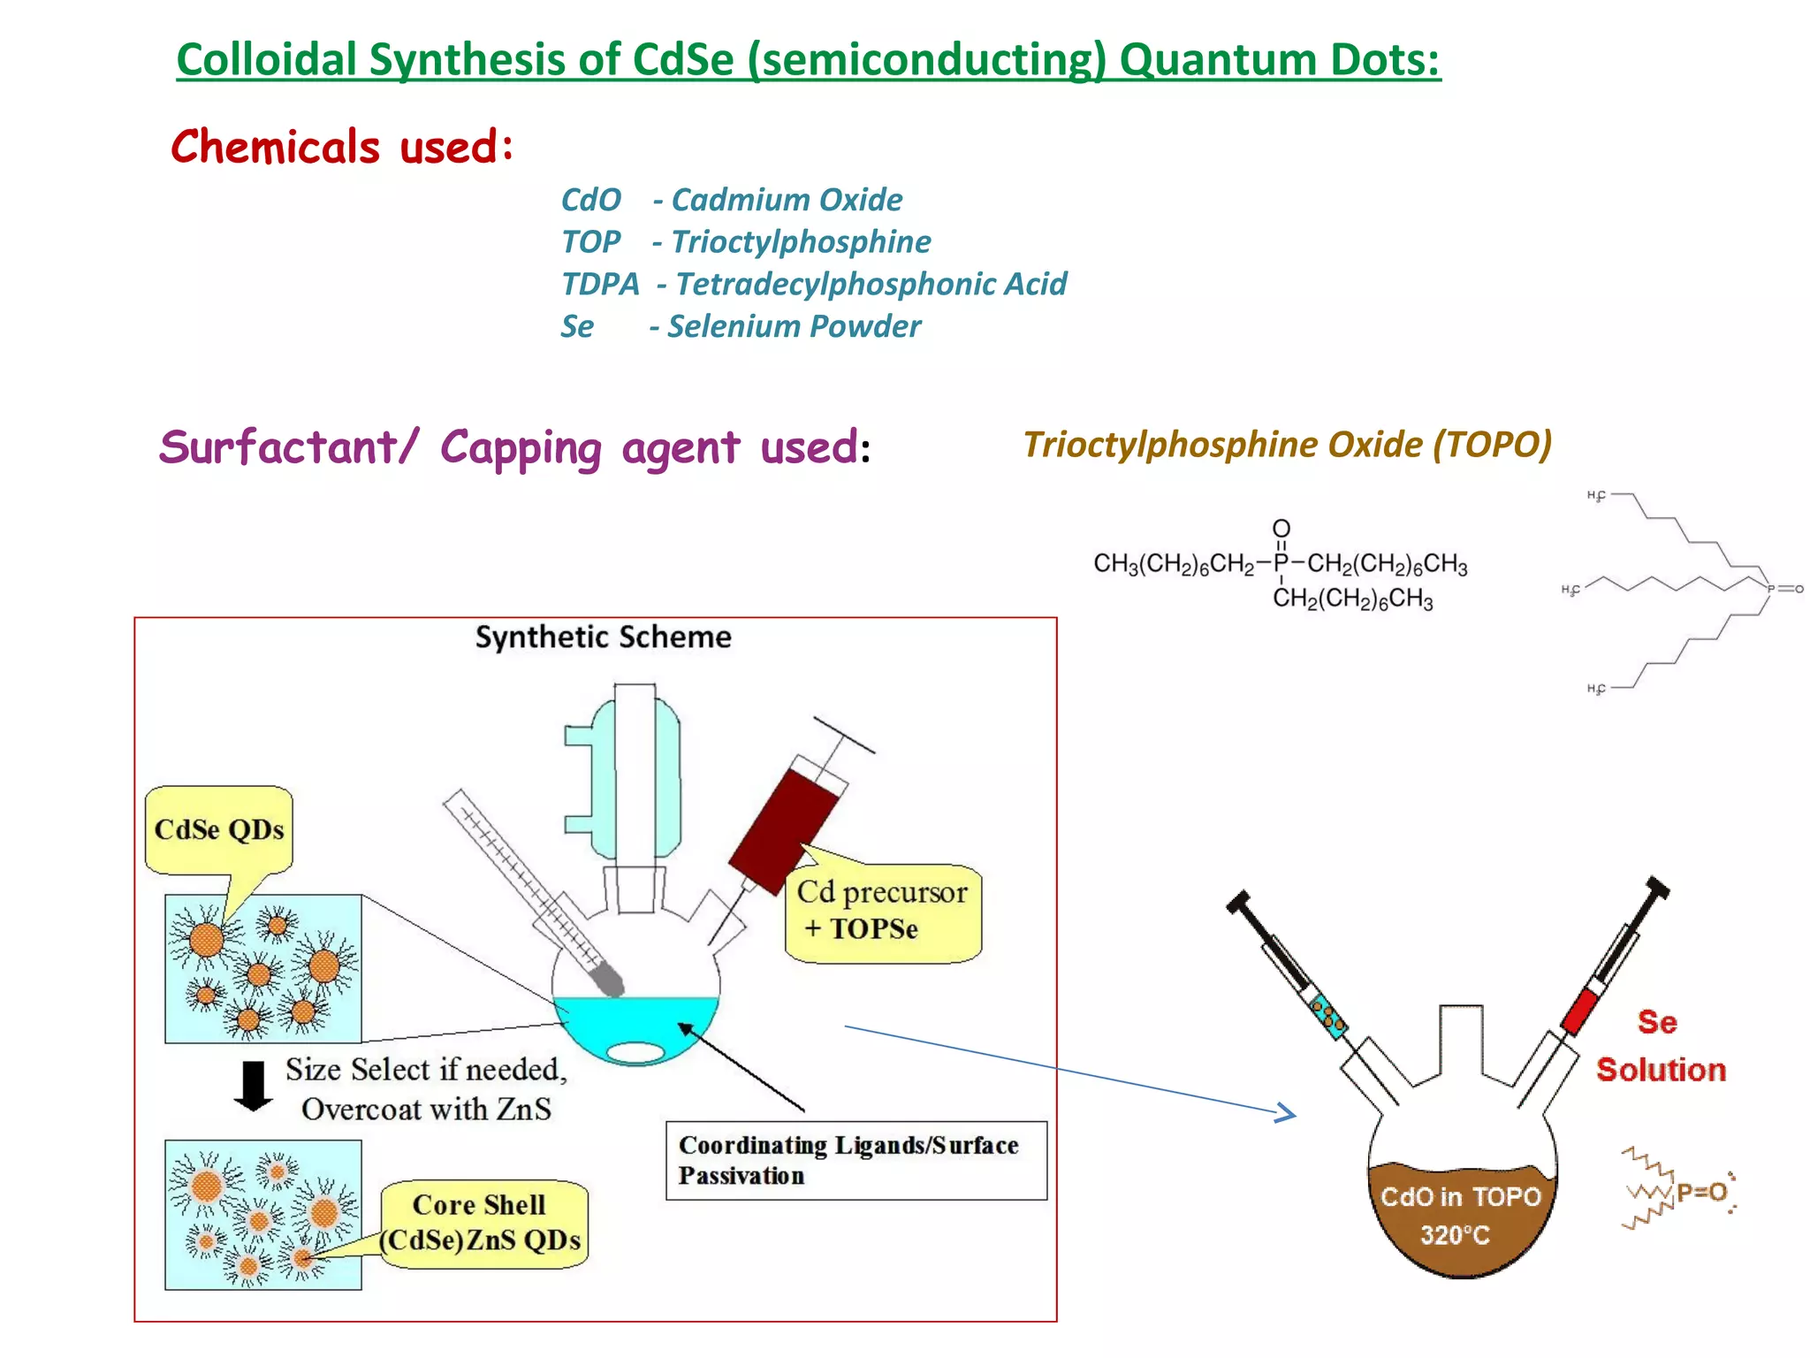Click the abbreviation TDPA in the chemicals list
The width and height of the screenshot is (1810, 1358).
click(x=600, y=284)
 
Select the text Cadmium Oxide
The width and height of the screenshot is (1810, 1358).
click(x=787, y=200)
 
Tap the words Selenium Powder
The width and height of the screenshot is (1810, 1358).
click(x=794, y=326)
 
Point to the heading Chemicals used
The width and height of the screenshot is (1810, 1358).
click(x=342, y=147)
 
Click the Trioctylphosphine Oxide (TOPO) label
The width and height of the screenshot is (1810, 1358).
click(x=1287, y=445)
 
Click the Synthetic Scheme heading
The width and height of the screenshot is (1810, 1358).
click(x=603, y=637)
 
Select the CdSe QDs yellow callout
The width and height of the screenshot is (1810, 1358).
click(x=218, y=829)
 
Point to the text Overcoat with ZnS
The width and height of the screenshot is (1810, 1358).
click(x=426, y=1109)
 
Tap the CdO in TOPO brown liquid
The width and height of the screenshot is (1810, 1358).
click(x=1462, y=1217)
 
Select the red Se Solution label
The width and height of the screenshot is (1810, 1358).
click(x=1660, y=1046)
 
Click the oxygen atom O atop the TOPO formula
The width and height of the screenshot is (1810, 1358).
click(x=1281, y=528)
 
